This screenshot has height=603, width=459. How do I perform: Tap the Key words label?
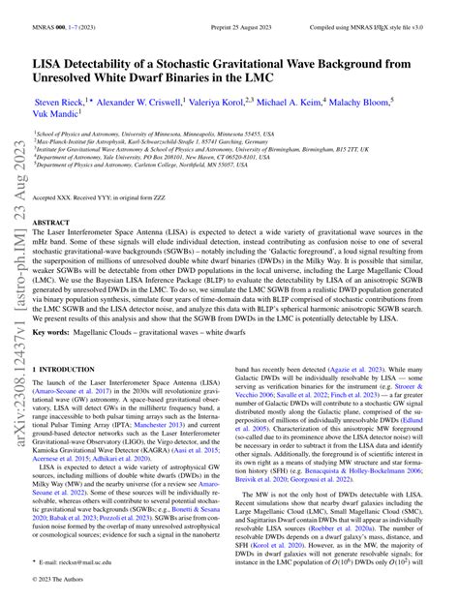(57, 331)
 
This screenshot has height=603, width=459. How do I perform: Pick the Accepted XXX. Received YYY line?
(106, 197)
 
